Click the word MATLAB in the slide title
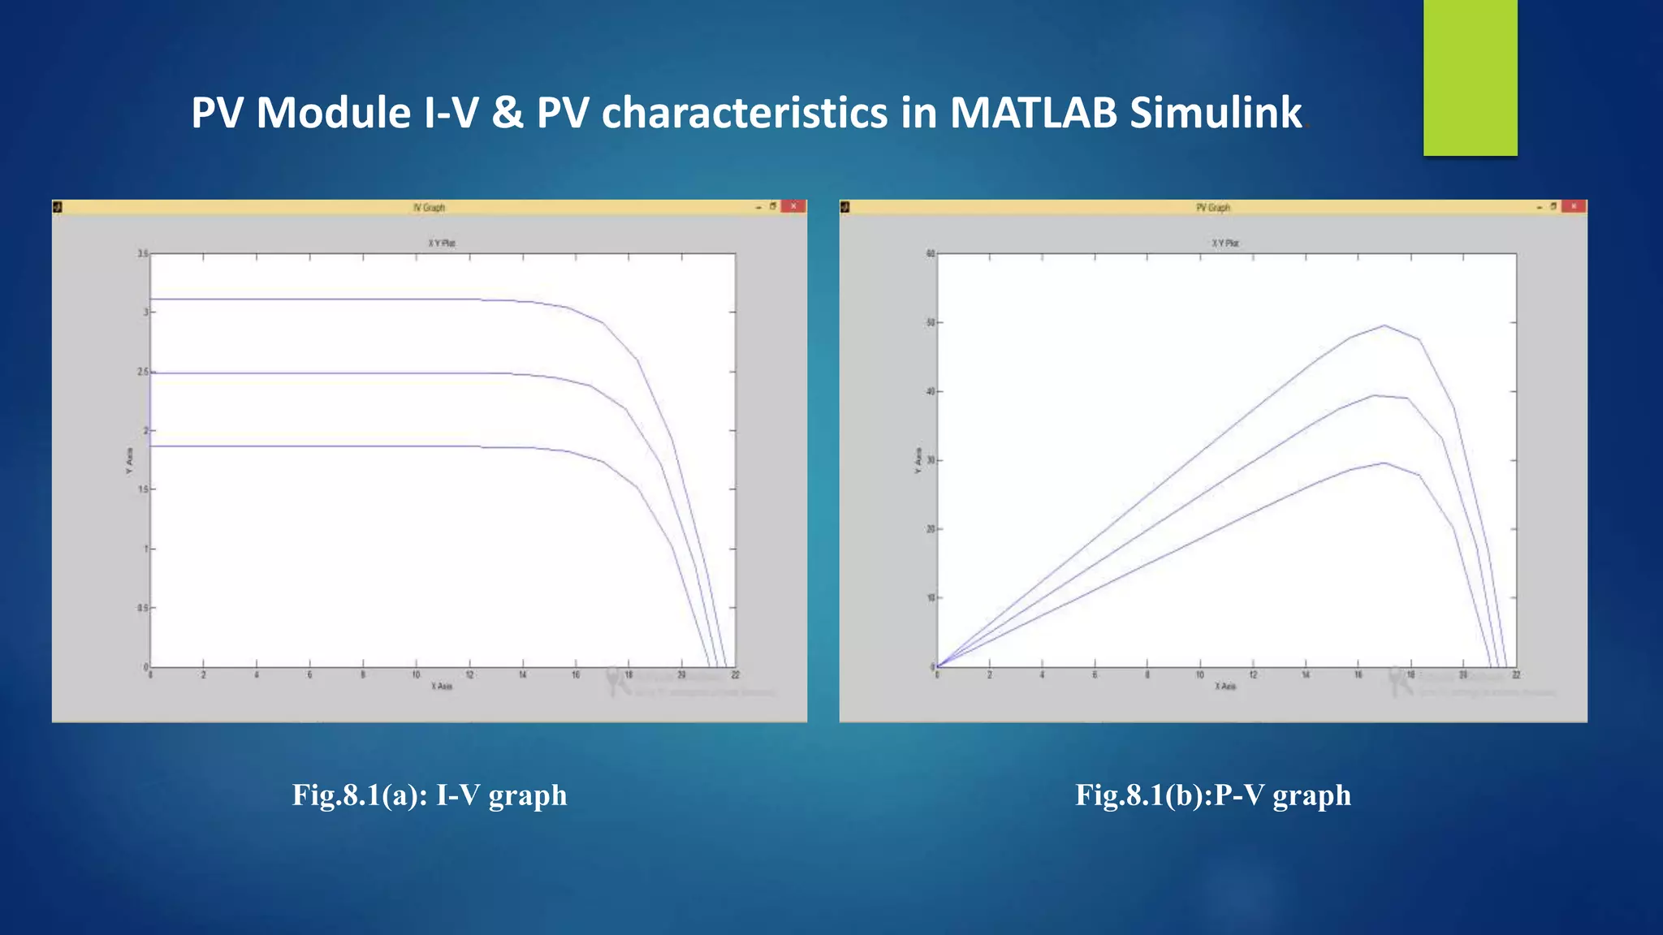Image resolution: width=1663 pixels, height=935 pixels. tap(1034, 113)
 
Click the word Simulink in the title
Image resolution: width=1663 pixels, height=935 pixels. tap(1216, 113)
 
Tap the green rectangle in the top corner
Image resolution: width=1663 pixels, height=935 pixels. tap(1470, 77)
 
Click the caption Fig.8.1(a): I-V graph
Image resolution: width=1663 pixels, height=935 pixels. tap(430, 795)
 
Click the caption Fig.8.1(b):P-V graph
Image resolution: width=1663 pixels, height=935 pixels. tap(1213, 795)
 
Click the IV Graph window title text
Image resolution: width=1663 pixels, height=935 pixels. tap(429, 208)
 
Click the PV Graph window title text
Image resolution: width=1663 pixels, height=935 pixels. tap(1212, 208)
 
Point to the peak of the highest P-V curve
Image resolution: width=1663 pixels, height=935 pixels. tap(1384, 325)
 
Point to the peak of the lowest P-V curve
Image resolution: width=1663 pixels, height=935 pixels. tap(1384, 463)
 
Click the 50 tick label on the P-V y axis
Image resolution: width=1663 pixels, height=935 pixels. tap(931, 323)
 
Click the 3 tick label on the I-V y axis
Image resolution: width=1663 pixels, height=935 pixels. tap(145, 312)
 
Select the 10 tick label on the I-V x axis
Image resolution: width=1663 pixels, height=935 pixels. tap(416, 675)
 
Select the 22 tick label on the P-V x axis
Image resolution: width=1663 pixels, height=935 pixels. tap(1516, 675)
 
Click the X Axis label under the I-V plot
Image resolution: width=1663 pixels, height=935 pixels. tap(442, 687)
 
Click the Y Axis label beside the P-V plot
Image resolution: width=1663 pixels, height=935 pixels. tap(918, 460)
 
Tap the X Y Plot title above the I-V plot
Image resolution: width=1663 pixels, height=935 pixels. tap(442, 243)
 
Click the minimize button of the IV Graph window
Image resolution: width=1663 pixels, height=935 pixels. tap(759, 207)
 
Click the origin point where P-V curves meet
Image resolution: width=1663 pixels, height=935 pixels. tap(938, 666)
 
